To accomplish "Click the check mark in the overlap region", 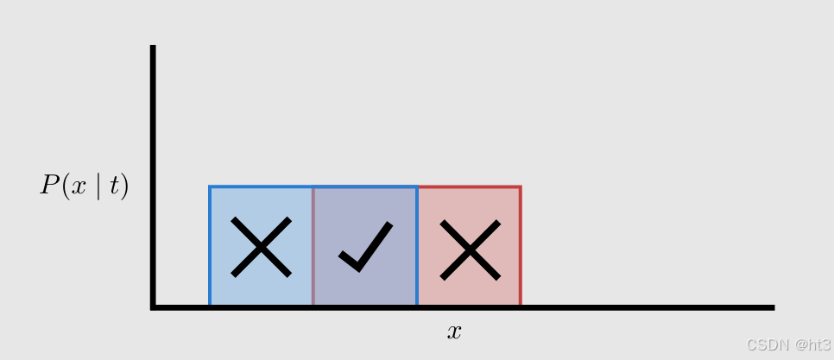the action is (x=366, y=248).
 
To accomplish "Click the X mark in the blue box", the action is (x=261, y=248).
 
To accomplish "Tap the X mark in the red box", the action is (x=470, y=249).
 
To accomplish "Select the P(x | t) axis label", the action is (x=84, y=186).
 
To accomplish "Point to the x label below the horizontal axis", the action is (x=454, y=332).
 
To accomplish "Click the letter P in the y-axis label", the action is (x=48, y=186).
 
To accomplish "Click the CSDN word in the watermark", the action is (x=763, y=344).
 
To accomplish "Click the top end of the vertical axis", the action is (x=153, y=47).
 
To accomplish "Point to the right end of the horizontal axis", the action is (x=772, y=307).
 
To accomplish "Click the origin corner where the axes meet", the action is (x=153, y=307).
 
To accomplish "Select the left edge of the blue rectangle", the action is (x=210, y=246).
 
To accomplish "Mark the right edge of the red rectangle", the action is (x=520, y=246).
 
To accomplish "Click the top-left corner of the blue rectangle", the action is (x=210, y=186).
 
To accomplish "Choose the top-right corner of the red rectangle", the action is (x=520, y=186).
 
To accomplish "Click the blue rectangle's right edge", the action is (x=417, y=246).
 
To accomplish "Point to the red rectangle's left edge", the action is (x=313, y=246).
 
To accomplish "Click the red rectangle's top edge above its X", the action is (x=470, y=186).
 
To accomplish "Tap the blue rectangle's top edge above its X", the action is (x=261, y=186).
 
